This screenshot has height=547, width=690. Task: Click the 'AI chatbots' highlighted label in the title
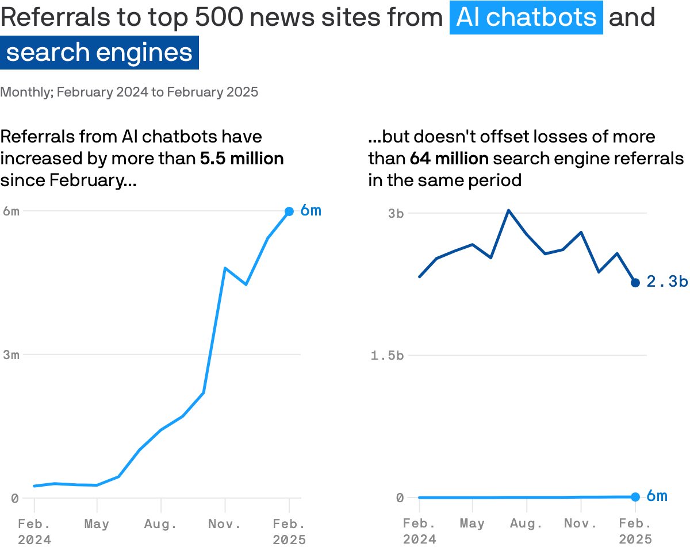[x=526, y=18]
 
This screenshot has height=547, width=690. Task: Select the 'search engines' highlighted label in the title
[x=99, y=52]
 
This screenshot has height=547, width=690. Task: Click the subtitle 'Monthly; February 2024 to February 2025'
[x=129, y=92]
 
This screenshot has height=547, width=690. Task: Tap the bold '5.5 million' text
[x=241, y=159]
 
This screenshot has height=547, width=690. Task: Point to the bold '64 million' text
[x=449, y=159]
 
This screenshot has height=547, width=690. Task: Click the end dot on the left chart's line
[x=289, y=211]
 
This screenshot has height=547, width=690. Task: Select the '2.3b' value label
[x=667, y=282]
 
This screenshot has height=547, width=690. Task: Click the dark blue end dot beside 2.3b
[x=635, y=283]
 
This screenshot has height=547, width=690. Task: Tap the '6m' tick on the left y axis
[x=11, y=211]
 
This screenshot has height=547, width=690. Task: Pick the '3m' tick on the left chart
[x=11, y=355]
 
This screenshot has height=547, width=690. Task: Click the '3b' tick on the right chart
[x=396, y=213]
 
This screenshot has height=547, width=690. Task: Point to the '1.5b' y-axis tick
[x=387, y=356]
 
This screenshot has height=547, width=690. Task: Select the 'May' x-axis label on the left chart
[x=97, y=525]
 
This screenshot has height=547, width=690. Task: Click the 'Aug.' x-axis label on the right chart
[x=527, y=524]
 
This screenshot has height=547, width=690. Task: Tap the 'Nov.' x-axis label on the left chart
[x=225, y=525]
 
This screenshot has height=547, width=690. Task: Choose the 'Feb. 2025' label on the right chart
[x=635, y=531]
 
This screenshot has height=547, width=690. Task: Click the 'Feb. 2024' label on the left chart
[x=34, y=531]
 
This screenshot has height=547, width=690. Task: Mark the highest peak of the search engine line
[x=508, y=210]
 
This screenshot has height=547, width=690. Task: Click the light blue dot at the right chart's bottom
[x=635, y=497]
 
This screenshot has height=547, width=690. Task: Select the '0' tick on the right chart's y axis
[x=400, y=498]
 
